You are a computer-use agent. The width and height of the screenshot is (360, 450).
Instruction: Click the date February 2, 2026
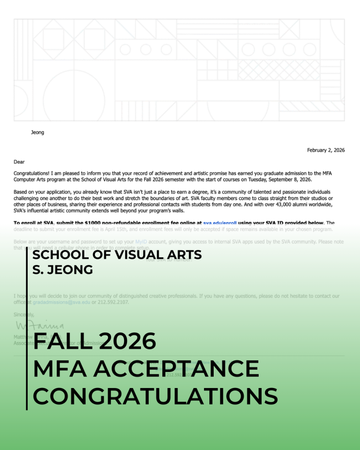(x=326, y=150)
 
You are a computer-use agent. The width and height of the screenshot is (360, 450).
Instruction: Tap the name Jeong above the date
(x=37, y=132)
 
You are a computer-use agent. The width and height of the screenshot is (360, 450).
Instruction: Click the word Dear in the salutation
(x=19, y=162)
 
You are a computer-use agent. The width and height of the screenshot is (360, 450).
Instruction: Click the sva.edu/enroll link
(x=219, y=223)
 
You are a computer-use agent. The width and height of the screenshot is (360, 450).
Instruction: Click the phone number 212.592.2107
(x=115, y=302)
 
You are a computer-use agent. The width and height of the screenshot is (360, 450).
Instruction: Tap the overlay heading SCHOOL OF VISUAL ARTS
(x=117, y=255)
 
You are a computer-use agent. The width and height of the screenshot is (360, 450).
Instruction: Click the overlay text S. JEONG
(x=63, y=270)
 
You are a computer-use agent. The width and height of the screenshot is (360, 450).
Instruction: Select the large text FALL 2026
(x=94, y=341)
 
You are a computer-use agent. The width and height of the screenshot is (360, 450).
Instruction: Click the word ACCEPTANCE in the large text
(x=176, y=369)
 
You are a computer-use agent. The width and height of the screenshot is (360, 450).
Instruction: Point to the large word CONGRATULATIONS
(x=155, y=396)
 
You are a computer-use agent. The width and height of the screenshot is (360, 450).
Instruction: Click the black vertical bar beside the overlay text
(x=27, y=329)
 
